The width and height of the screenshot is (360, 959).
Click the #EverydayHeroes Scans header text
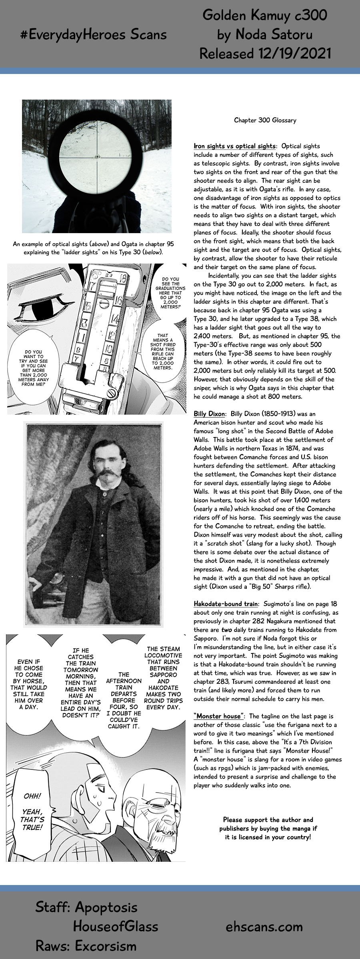coord(94,35)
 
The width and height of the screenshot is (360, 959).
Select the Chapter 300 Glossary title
coord(265,120)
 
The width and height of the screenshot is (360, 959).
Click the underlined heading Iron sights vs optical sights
coord(234,146)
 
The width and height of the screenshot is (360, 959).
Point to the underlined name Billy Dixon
coord(209,414)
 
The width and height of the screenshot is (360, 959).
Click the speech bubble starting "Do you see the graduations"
coord(170,293)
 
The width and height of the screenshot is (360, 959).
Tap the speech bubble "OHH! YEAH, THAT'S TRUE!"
coord(32,811)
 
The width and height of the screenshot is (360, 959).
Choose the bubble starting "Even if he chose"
coord(29,684)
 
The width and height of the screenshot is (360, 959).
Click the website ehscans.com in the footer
coord(264,927)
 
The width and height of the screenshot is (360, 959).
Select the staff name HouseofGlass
coord(116,926)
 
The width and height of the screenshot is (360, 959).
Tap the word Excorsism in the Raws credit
coord(106,946)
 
